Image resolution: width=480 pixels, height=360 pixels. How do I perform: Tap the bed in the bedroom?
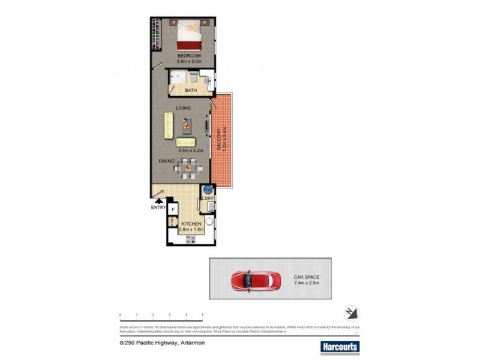click(x=190, y=35)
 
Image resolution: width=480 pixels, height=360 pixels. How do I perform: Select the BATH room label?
click(x=190, y=91)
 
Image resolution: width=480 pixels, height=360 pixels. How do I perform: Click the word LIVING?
click(x=183, y=108)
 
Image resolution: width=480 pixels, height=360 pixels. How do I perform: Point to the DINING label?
click(x=166, y=161)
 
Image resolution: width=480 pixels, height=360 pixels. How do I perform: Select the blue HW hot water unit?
click(x=208, y=190)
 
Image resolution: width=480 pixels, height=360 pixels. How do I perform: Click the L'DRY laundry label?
click(x=208, y=198)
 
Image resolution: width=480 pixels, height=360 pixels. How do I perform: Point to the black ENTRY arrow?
click(x=158, y=202)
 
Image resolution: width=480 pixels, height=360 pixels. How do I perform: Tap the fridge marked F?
click(x=173, y=209)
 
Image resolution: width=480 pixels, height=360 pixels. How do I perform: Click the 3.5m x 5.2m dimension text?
click(x=190, y=151)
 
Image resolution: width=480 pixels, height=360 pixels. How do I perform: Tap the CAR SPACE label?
click(x=306, y=277)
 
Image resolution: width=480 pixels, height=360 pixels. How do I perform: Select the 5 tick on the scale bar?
click(x=202, y=315)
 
